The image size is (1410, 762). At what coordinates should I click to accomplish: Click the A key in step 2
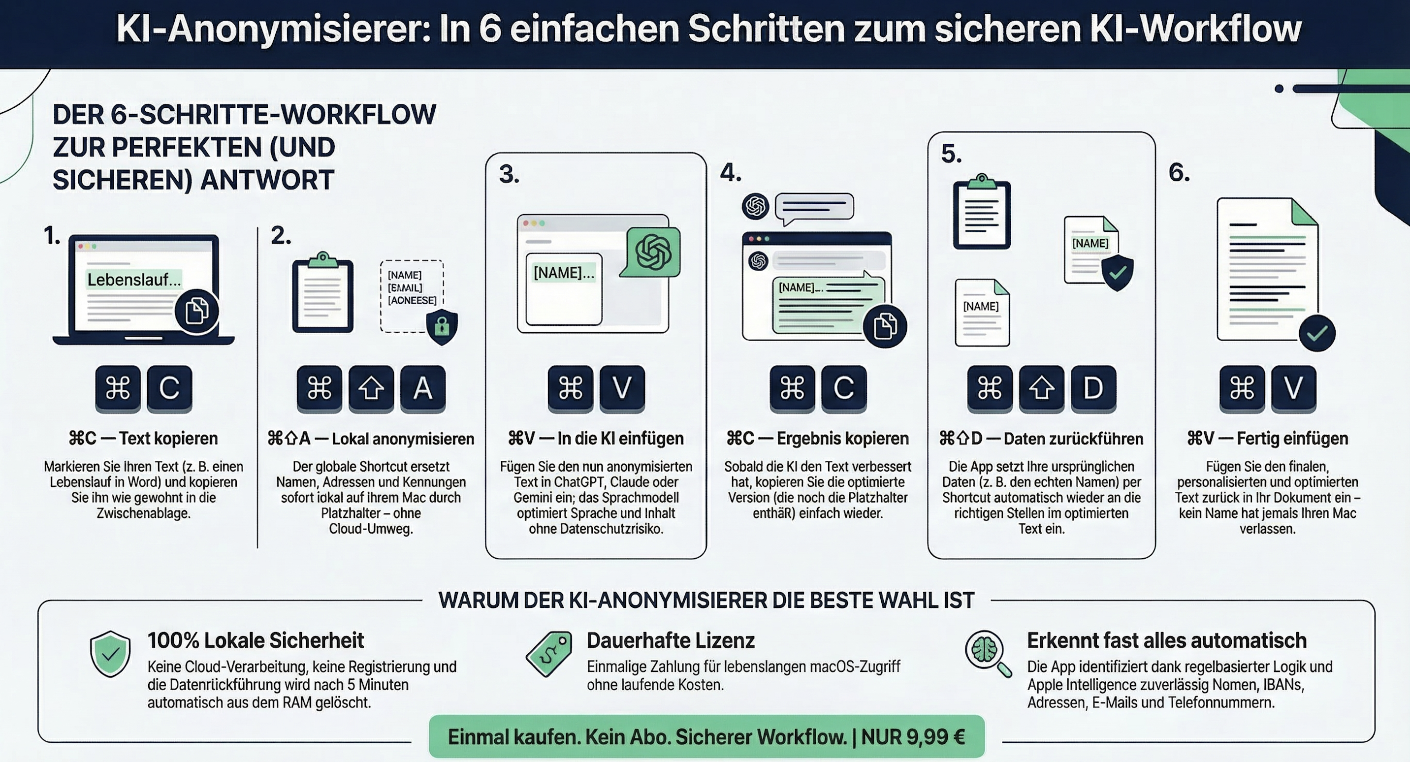click(x=422, y=388)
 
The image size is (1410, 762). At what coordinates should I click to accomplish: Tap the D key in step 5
click(x=1093, y=388)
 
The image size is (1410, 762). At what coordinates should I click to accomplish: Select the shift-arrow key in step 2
click(x=371, y=388)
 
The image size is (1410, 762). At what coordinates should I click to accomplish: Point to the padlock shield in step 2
click(x=442, y=327)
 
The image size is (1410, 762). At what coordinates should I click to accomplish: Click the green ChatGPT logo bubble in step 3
click(x=652, y=253)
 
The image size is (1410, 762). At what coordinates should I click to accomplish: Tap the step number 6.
click(x=1179, y=173)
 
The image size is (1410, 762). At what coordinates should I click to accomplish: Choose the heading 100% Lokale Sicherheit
click(x=256, y=640)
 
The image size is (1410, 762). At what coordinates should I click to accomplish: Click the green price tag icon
click(x=549, y=654)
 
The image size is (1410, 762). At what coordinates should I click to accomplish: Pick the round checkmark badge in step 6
click(x=1317, y=333)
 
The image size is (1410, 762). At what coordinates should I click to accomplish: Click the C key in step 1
click(x=169, y=388)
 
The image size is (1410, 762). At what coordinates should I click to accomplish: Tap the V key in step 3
click(x=622, y=388)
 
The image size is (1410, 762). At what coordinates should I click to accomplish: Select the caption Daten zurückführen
click(x=1073, y=439)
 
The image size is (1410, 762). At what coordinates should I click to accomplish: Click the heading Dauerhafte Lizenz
click(x=671, y=640)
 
